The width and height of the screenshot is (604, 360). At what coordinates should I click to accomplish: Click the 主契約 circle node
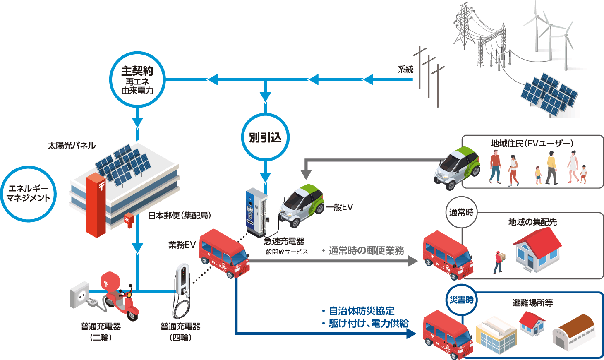(x=137, y=79)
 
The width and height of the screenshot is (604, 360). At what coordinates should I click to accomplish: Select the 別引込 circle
(x=265, y=137)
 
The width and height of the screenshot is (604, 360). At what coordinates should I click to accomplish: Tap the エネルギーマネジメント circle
(x=29, y=194)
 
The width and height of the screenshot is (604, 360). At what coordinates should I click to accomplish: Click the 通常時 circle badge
(x=461, y=212)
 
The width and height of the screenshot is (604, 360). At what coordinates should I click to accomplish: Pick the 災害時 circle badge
(x=461, y=300)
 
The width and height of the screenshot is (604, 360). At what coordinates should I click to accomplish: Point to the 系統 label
(x=405, y=70)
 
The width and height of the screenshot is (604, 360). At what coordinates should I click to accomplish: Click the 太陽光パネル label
(x=72, y=146)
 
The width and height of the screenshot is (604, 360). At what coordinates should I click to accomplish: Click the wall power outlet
(x=80, y=295)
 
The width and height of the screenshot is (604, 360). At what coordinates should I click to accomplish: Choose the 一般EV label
(x=339, y=207)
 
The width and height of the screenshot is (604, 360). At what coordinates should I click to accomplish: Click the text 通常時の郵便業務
(x=366, y=251)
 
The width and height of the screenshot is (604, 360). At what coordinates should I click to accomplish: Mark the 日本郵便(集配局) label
(x=180, y=216)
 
